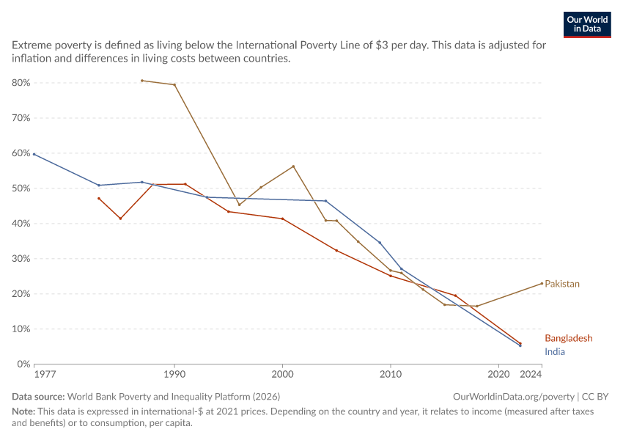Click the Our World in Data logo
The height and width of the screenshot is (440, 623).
(587, 25)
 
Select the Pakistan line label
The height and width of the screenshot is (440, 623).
(562, 284)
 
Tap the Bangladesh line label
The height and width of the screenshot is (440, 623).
(568, 338)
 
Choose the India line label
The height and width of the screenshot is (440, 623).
(555, 352)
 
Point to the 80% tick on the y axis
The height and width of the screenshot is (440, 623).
(21, 83)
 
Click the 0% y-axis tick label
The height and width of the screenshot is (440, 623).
(23, 364)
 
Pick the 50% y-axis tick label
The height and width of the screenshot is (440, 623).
(21, 188)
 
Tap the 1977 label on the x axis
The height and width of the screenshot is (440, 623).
(45, 375)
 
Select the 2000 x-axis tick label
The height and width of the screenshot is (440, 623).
(282, 375)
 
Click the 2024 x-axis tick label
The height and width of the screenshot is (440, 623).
(531, 375)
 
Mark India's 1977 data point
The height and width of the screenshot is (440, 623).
(34, 154)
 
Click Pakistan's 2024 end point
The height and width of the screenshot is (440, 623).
(542, 283)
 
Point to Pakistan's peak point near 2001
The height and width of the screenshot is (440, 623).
(293, 166)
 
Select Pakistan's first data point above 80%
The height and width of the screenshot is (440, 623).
(142, 81)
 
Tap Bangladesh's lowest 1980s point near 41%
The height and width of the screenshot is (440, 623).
(120, 219)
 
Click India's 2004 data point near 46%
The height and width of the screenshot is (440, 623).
(326, 201)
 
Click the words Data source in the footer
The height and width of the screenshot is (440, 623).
(38, 397)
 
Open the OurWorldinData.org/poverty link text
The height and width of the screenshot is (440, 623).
(514, 397)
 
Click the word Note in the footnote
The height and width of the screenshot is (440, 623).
(23, 411)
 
